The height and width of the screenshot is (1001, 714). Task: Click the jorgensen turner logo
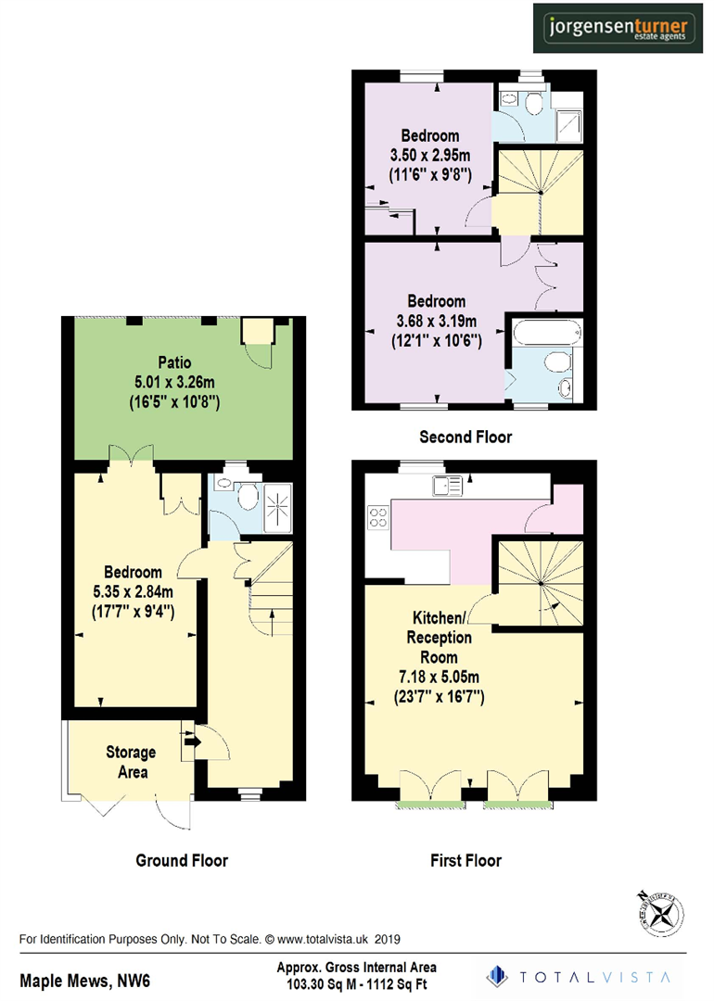pyautogui.click(x=616, y=28)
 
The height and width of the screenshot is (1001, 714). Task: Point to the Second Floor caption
pyautogui.click(x=465, y=437)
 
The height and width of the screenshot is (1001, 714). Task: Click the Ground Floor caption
pyautogui.click(x=182, y=860)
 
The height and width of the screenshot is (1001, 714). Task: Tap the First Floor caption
pyautogui.click(x=465, y=860)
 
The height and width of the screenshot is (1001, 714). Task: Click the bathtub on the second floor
pyautogui.click(x=544, y=331)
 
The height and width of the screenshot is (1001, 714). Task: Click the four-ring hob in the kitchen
pyautogui.click(x=377, y=516)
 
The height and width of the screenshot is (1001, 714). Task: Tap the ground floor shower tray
pyautogui.click(x=276, y=508)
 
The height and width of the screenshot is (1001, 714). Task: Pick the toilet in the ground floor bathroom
pyautogui.click(x=246, y=496)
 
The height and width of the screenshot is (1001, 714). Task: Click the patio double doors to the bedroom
pyautogui.click(x=129, y=454)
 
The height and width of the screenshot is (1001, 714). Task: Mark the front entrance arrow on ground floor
pyautogui.click(x=192, y=740)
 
